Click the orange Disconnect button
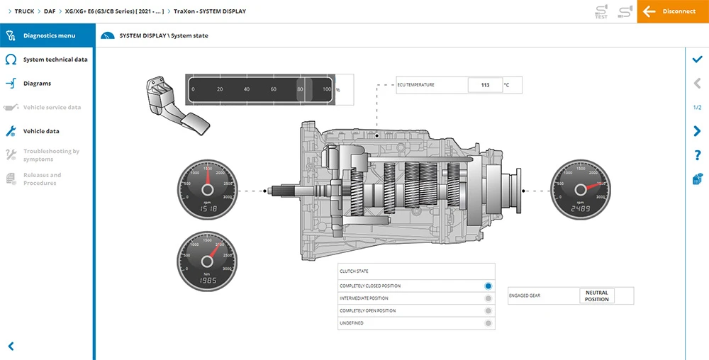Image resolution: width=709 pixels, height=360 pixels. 672,11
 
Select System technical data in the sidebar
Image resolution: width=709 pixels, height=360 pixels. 55,60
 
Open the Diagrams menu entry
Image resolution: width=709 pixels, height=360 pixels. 37,84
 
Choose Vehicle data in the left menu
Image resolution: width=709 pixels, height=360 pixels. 41,131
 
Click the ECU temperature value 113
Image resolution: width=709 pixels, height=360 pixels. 485,85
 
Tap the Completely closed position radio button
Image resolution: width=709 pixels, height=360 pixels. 488,286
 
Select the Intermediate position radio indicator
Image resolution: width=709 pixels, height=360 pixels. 488,298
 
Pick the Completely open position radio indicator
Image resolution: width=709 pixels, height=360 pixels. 488,311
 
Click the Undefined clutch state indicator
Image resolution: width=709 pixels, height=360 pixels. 488,323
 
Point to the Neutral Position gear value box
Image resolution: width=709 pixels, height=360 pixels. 596,296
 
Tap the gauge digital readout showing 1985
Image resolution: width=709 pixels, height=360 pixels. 208,281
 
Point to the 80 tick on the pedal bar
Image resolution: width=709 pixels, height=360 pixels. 300,89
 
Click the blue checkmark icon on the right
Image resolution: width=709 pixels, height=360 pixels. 697,60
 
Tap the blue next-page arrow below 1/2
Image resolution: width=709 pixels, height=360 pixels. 697,131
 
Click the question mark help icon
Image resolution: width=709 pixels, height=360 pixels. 697,155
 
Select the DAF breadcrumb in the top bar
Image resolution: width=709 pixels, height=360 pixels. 50,11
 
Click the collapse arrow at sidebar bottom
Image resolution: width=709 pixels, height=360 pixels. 11,347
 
